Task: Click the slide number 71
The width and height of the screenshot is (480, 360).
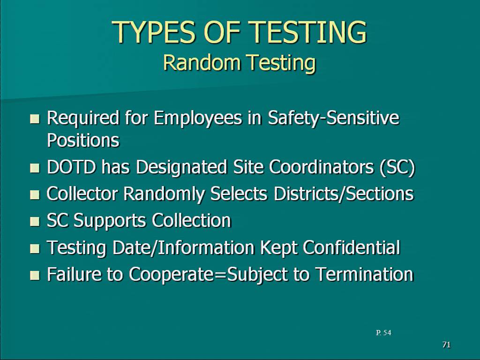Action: [447, 345]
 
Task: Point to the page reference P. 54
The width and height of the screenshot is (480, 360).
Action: [383, 332]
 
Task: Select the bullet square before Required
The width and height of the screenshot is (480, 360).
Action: [35, 119]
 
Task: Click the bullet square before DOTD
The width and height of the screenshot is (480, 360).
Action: [35, 168]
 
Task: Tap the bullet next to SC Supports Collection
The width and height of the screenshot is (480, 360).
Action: [35, 221]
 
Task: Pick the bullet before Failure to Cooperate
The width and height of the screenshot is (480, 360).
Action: [35, 275]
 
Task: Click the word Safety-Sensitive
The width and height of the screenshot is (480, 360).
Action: [334, 118]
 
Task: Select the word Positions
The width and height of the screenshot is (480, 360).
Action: [83, 140]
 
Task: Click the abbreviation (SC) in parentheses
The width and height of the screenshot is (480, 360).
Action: [397, 167]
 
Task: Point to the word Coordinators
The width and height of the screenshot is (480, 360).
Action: [322, 167]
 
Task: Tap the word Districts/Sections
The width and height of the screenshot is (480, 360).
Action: [344, 194]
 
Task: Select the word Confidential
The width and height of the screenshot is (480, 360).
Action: [352, 247]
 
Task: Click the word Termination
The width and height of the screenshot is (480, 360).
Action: [364, 274]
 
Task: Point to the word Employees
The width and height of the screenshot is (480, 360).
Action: [198, 119]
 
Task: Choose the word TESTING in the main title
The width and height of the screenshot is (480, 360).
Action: [307, 32]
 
